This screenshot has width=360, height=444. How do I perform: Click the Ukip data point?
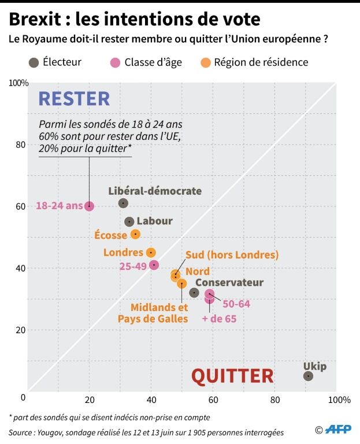(308, 376)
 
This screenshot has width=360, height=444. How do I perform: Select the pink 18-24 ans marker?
(89, 206)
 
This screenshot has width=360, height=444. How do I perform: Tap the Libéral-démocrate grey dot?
(123, 203)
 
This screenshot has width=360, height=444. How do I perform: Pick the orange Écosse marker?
(135, 234)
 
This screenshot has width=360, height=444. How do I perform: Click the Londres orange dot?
(151, 253)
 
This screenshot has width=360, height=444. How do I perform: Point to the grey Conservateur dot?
(194, 293)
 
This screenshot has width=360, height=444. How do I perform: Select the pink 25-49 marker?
(154, 265)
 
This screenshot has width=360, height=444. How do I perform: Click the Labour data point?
(129, 221)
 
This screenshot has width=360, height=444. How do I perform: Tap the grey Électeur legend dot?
(34, 62)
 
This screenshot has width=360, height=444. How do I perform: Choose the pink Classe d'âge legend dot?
(114, 62)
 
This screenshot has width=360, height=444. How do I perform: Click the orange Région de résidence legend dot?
(205, 62)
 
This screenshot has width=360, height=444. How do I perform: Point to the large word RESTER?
(73, 99)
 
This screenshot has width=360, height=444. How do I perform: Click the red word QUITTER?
(232, 376)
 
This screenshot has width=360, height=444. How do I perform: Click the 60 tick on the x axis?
(213, 399)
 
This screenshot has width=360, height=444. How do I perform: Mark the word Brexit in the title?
(36, 20)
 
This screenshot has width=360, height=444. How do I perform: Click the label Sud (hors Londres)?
(232, 255)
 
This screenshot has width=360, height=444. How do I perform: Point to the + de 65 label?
(219, 319)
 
